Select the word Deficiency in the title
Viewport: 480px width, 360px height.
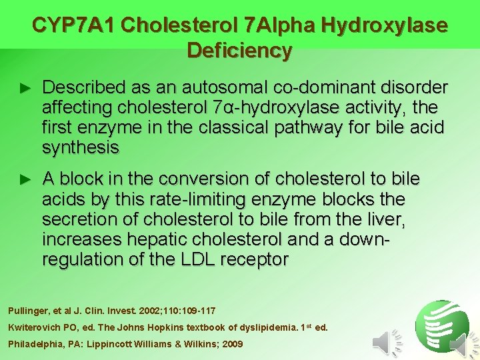pos(239,51)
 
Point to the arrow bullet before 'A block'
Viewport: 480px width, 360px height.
pos(25,179)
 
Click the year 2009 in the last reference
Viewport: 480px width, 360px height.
pos(231,344)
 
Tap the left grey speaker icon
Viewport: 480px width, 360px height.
pos(382,343)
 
